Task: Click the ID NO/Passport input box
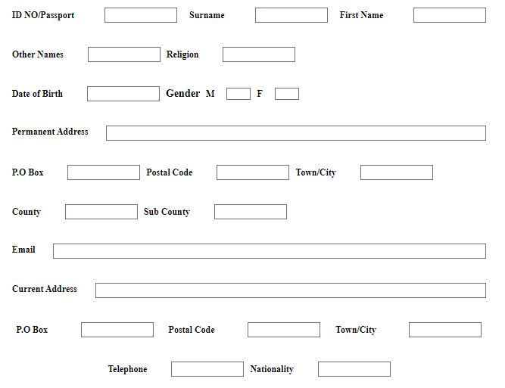coord(141,15)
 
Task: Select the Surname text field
coord(291,15)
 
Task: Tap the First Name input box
coord(450,15)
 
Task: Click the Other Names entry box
coord(124,54)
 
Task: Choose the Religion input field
coord(259,54)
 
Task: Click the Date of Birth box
coord(123,94)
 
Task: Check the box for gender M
coord(238,94)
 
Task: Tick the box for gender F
coord(287,94)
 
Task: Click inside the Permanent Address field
coord(296,133)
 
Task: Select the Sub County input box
coord(251,212)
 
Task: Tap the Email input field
coord(270,251)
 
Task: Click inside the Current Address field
coord(291,290)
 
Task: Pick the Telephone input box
coord(207,369)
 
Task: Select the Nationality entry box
coord(354,369)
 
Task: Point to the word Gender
coord(183,93)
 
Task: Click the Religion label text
coord(182,54)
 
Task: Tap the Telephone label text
coord(127,369)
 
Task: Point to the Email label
coord(23,250)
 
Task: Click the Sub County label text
coord(167,212)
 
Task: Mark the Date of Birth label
coord(37,94)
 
